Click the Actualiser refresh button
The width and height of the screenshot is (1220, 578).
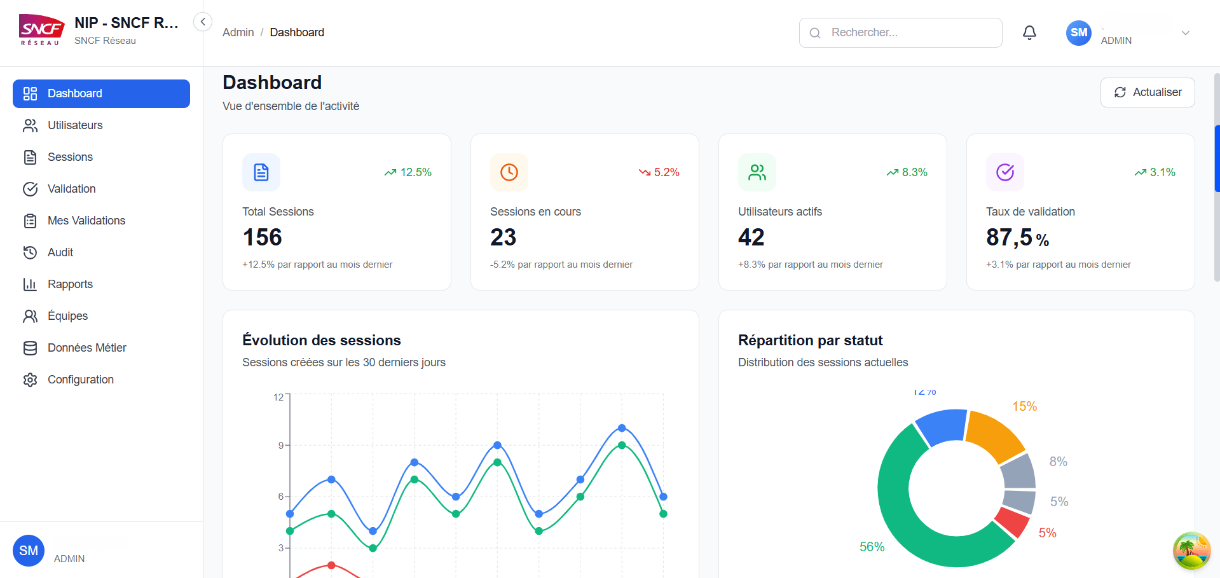coord(1148,93)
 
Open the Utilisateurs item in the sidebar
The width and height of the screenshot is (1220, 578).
coord(75,125)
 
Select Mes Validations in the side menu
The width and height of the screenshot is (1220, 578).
coord(86,221)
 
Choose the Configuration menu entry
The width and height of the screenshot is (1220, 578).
coord(81,380)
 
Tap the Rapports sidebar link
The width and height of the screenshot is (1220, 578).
coord(70,284)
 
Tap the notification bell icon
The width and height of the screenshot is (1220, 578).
coord(1029,32)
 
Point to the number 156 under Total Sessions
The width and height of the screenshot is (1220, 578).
coord(262,237)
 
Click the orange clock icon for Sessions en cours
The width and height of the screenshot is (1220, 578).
coord(509,172)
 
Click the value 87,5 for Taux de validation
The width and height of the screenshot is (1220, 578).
coord(1010,237)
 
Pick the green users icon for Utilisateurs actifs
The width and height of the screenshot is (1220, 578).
coord(757,172)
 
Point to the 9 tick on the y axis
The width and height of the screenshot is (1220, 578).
coord(281,445)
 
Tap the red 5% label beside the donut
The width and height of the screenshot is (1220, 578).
coord(1048,533)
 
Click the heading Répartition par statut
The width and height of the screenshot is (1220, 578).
coord(810,341)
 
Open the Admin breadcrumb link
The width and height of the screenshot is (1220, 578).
coord(238,32)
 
